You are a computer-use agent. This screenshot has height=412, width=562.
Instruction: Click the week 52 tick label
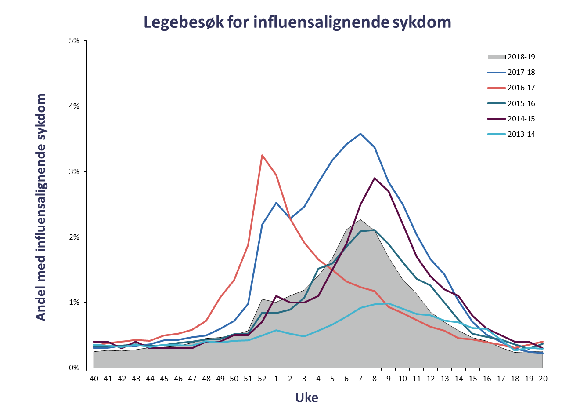(262, 379)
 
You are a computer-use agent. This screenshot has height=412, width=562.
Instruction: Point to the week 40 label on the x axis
(94, 379)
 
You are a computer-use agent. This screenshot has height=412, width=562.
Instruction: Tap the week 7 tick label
(360, 379)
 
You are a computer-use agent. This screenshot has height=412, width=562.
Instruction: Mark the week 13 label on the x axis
(444, 379)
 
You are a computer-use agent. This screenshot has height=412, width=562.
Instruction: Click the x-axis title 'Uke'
(306, 398)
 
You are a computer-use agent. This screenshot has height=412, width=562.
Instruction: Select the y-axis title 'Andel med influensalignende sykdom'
(40, 207)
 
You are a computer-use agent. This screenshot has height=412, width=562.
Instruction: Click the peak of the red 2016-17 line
(262, 155)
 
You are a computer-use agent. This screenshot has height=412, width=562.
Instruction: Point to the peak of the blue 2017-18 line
(360, 134)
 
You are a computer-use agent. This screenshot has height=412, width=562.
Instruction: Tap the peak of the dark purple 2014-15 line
(375, 178)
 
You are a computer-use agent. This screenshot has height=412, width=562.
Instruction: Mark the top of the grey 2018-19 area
(360, 219)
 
